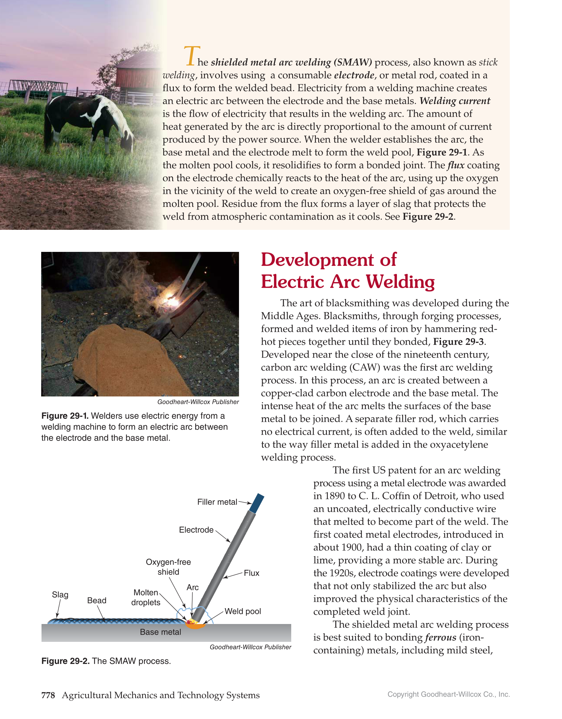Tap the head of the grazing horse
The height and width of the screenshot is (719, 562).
click(126, 140)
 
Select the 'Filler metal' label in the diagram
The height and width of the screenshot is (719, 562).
click(217, 502)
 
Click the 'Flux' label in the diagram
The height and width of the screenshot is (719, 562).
click(251, 573)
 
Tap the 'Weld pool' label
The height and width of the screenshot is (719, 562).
click(243, 611)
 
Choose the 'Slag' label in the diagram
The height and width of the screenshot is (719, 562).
click(60, 595)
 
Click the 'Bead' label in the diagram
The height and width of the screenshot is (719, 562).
click(97, 600)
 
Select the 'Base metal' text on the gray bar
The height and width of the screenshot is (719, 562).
click(161, 632)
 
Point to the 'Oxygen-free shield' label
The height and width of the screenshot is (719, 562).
click(168, 567)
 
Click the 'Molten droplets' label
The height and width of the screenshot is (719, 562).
click(146, 597)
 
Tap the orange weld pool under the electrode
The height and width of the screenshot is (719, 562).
click(195, 626)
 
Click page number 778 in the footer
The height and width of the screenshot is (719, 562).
click(48, 695)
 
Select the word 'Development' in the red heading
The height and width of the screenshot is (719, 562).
click(317, 260)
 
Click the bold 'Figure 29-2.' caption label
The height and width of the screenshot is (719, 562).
click(65, 661)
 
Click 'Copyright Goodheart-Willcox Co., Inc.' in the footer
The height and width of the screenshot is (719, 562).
click(448, 694)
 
